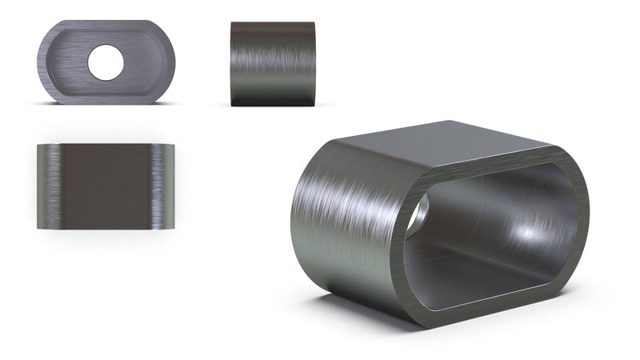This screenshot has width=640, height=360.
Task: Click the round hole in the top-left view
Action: tap(106, 62)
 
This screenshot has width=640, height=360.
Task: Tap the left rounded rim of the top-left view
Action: tap(43, 62)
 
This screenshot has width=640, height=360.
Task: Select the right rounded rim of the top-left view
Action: tap(169, 62)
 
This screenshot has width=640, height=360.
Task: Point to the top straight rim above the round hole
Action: tap(106, 26)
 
